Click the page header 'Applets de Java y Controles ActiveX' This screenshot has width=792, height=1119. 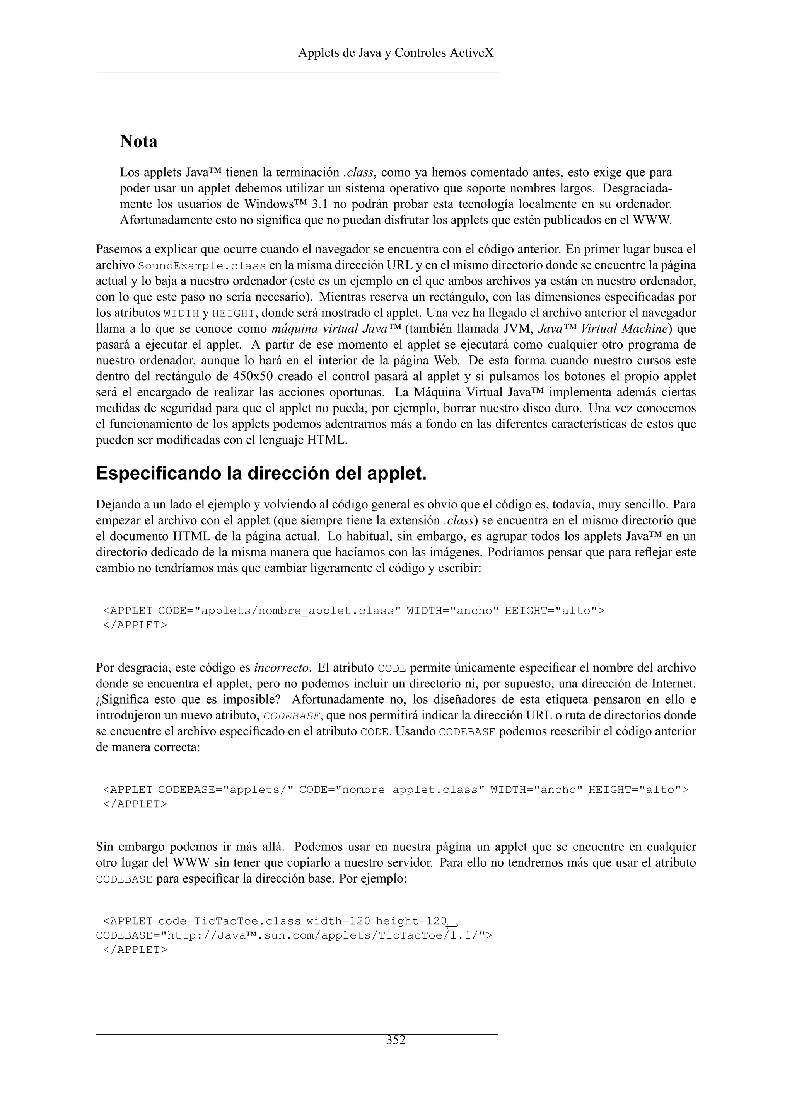396,53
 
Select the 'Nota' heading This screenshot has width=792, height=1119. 138,141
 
